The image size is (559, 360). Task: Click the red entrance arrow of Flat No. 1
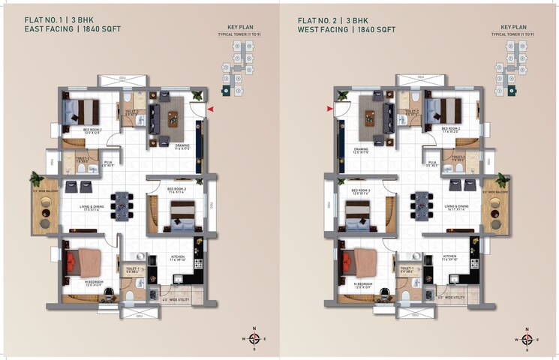click(212, 110)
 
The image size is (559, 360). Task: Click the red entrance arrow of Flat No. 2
click(329, 110)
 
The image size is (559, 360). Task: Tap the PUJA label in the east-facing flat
click(109, 162)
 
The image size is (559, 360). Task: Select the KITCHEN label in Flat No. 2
click(450, 256)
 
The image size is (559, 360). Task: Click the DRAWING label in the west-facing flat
click(362, 149)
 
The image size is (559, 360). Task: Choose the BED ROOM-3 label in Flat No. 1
click(176, 189)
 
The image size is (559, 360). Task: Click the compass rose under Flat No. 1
click(254, 339)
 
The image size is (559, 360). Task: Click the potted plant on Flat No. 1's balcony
click(35, 178)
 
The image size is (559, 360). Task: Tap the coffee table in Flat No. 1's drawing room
click(173, 118)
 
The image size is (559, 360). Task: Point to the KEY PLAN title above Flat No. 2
click(515, 26)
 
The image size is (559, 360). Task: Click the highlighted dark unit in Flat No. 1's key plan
click(224, 91)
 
